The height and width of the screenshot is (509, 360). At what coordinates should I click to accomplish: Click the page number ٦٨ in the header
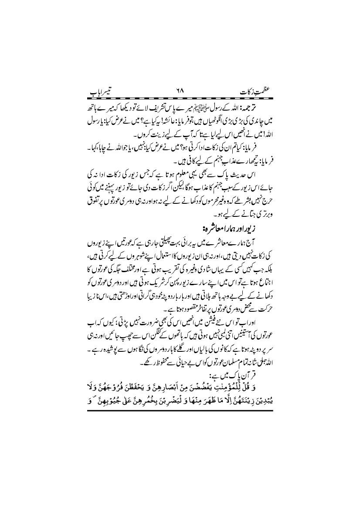[x=179, y=93]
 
